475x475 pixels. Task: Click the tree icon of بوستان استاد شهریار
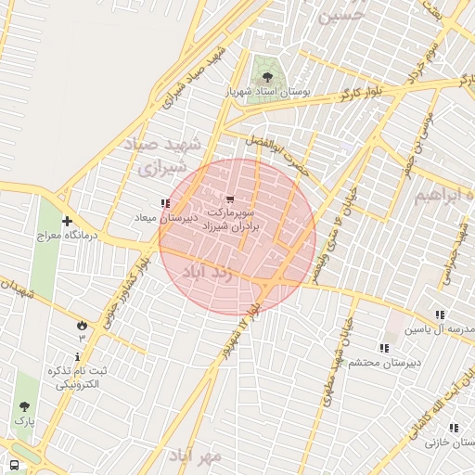pos(267,76)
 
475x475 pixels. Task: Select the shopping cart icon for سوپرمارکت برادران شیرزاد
pos(230,199)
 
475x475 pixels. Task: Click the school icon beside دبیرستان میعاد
pos(165,203)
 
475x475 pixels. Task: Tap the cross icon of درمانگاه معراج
pos(67,221)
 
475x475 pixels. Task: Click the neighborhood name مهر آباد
pos(196,456)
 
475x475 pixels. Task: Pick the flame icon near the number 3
pos(82,325)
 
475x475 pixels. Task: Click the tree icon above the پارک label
pos(23,406)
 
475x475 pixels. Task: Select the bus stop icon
pos(14,465)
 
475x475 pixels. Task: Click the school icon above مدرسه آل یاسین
pos(440,315)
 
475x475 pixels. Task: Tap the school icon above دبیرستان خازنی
pos(454,428)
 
